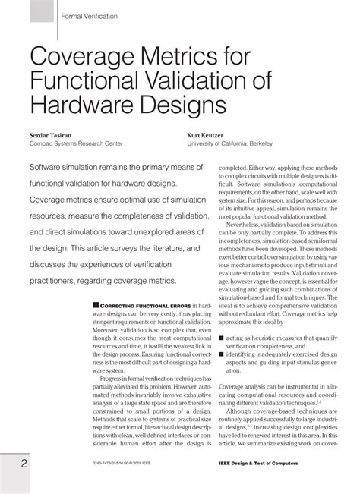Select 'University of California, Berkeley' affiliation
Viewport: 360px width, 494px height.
243,142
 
